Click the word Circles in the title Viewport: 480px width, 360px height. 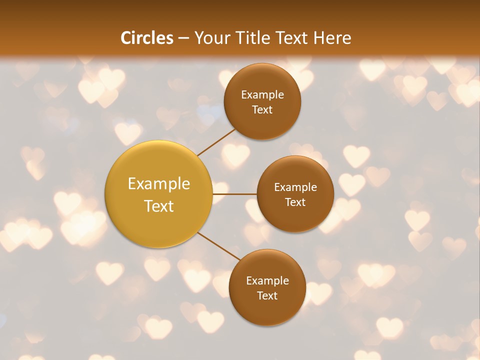pos(147,38)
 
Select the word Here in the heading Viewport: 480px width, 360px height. pos(332,38)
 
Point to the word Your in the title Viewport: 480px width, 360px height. pos(212,38)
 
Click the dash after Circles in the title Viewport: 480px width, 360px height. pos(183,38)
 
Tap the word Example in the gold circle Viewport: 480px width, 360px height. pos(159,184)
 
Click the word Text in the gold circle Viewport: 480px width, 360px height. pos(159,206)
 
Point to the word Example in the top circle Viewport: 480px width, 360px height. pos(262,95)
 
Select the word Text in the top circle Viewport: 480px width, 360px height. pos(262,109)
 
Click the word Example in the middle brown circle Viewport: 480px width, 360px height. pos(295,187)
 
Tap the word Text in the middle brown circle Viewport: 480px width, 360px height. pos(295,202)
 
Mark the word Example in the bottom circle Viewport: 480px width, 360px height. pos(267,281)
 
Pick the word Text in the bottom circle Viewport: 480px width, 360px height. pos(267,295)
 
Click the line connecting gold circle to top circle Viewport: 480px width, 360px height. pos(216,142)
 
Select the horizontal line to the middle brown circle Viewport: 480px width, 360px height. pos(235,194)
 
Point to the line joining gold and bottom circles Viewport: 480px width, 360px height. pos(218,246)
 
